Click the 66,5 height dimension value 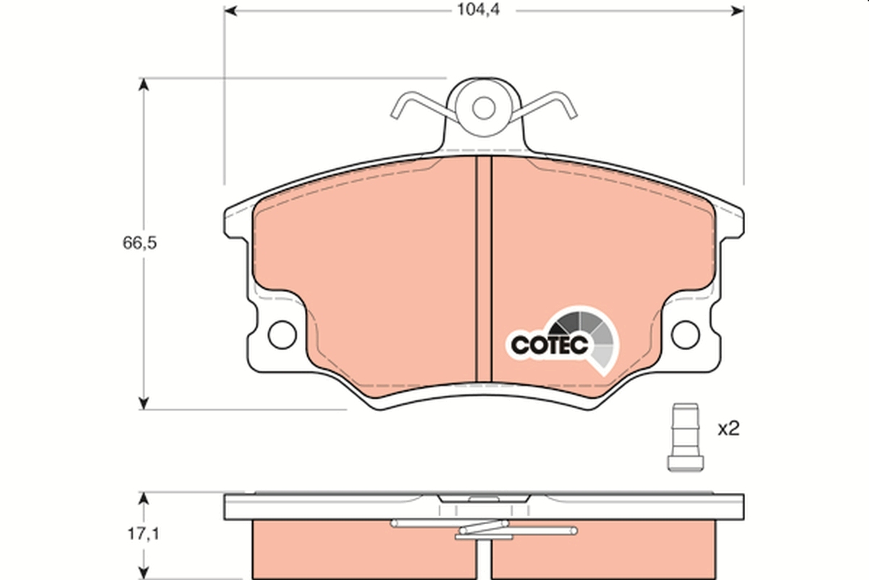(x=139, y=243)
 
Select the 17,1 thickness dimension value (x=139, y=535)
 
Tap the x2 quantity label (x=728, y=429)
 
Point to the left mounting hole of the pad (x=281, y=334)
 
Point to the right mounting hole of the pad (x=684, y=334)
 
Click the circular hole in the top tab (x=483, y=108)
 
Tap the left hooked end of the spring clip (x=398, y=108)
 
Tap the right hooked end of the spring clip (x=568, y=108)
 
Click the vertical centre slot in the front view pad (x=483, y=268)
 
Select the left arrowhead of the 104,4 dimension (x=231, y=10)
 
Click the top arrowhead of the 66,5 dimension (x=144, y=85)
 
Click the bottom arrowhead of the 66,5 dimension (x=144, y=402)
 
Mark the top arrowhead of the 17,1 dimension (x=144, y=500)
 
